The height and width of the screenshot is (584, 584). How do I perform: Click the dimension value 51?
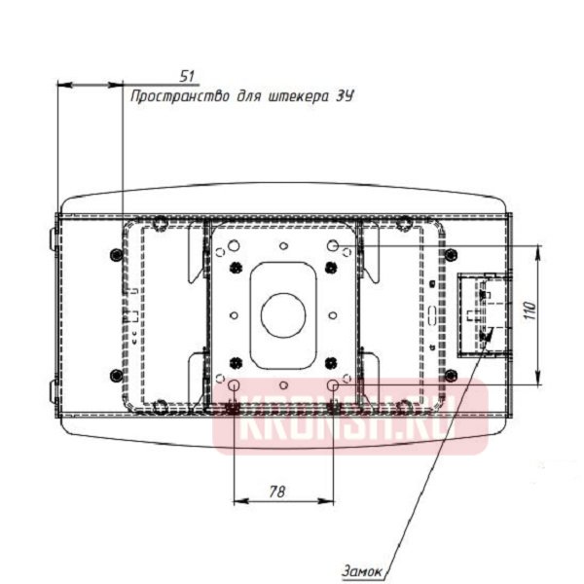pos(187,75)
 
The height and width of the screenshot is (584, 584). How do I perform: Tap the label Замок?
pos(361,570)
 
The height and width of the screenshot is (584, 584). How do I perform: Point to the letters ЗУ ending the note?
pos(344,96)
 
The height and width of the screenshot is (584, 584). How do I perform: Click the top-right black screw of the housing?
pos(451,254)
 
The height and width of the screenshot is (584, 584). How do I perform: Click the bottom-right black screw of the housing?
pos(451,376)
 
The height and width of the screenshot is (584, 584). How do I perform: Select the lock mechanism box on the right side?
pos(482,313)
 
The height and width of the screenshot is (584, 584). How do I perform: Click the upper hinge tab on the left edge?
pos(53,236)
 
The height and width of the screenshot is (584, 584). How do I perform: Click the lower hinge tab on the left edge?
pos(53,391)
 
